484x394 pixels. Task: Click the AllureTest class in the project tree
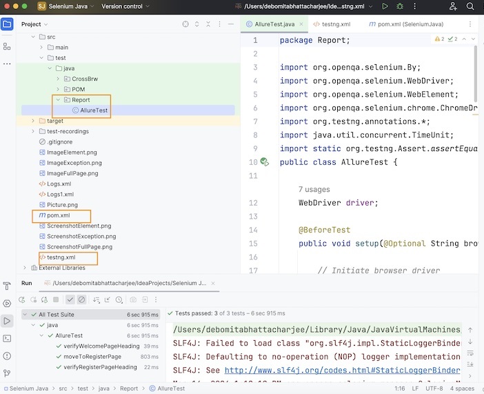[94, 110]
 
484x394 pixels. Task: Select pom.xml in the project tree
[58, 216]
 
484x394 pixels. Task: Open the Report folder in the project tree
[81, 100]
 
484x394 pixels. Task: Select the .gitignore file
[59, 142]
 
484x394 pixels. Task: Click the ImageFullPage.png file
[74, 173]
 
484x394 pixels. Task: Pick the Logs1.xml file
[60, 195]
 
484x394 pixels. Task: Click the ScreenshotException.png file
[80, 237]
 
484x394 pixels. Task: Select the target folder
[55, 121]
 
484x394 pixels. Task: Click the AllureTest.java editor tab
[274, 24]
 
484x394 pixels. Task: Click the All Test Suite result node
[57, 314]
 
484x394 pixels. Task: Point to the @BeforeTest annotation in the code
[325, 230]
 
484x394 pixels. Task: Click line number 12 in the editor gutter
[253, 203]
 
